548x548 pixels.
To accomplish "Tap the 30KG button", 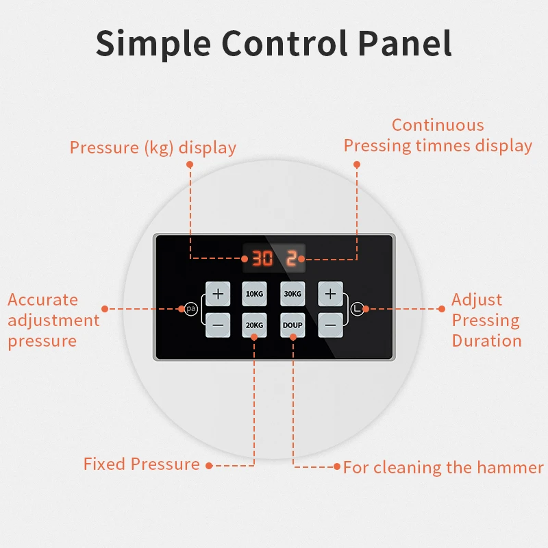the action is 292,293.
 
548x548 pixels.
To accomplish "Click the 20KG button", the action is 254,325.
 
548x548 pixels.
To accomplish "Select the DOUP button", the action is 292,325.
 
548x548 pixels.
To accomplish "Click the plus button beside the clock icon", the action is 330,293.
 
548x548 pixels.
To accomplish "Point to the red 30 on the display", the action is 262,258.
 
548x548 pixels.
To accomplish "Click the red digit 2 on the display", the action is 291,258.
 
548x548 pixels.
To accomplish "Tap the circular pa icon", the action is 191,309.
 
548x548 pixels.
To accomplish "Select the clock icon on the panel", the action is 357,309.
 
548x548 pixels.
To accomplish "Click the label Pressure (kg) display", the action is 153,147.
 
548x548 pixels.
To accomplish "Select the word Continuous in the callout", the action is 438,125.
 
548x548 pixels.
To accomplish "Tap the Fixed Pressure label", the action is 142,464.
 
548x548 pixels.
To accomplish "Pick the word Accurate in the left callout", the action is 42,300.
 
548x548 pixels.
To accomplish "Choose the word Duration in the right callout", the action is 486,340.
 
